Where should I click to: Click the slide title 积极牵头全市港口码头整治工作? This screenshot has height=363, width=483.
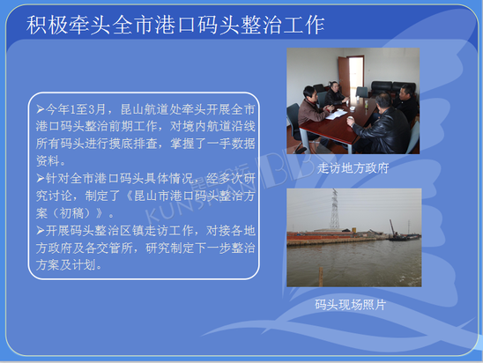point(175,25)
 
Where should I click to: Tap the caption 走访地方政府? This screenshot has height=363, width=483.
point(353,168)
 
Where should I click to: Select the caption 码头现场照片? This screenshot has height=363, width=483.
point(350,305)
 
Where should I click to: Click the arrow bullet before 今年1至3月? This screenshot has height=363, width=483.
point(41,109)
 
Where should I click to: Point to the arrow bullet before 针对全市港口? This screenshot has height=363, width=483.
point(41,178)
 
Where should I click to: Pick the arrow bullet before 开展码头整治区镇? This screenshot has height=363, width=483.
point(41,230)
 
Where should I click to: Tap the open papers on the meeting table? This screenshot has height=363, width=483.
point(336,115)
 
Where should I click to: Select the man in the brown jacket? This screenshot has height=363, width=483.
point(312,114)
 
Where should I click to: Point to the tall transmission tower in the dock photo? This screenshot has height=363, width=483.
point(334,209)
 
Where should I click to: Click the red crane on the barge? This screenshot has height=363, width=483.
point(392,228)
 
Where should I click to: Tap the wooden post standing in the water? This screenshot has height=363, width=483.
point(321,276)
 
